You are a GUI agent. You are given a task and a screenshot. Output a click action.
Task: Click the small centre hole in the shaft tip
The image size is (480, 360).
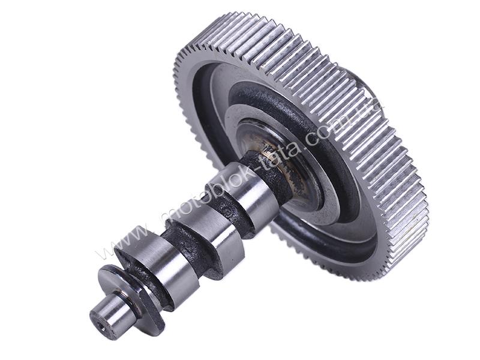(x=103, y=329)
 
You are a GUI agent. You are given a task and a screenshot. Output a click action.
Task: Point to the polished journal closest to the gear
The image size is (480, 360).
(x=242, y=193)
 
